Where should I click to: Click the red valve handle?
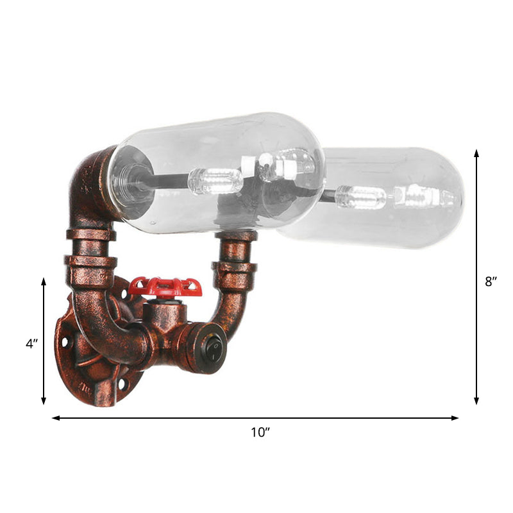pos(165,287)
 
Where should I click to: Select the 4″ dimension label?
pos(32,344)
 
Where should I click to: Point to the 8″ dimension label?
pos(491,280)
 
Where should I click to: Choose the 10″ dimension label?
pos(260,432)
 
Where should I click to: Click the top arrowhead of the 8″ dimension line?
pos(476,153)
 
